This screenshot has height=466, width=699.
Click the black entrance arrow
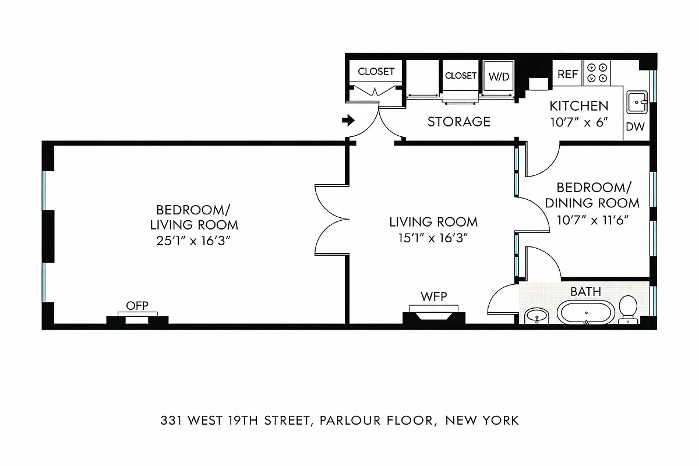tap(348, 121)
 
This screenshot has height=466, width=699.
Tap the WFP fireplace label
tap(434, 297)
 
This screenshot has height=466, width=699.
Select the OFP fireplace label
tap(137, 306)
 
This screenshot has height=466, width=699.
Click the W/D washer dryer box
tap(497, 76)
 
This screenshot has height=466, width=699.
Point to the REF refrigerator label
tap(568, 75)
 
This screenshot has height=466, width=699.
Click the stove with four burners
tap(598, 73)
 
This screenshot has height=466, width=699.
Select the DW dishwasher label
tap(635, 127)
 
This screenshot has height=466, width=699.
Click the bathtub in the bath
tap(586, 313)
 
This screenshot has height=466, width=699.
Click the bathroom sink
tap(536, 316)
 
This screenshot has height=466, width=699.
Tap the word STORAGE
tap(459, 122)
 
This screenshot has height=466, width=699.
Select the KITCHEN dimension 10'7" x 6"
tap(579, 123)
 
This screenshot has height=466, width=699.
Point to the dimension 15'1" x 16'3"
tap(433, 238)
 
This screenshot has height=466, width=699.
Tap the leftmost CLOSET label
tap(376, 72)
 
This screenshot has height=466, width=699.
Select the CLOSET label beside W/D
tap(461, 76)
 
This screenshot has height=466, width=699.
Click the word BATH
tap(585, 291)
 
